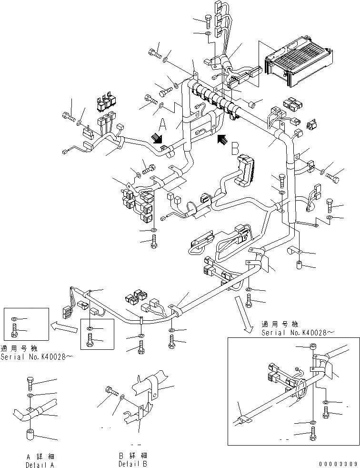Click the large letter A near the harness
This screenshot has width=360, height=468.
pos(162,125)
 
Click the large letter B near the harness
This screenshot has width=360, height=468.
pos(235,148)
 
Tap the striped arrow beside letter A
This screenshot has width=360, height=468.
pos(156,138)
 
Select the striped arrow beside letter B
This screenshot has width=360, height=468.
pos(221,139)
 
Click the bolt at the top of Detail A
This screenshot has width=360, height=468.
pos(30,382)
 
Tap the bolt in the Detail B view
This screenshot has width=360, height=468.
pos(111,391)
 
